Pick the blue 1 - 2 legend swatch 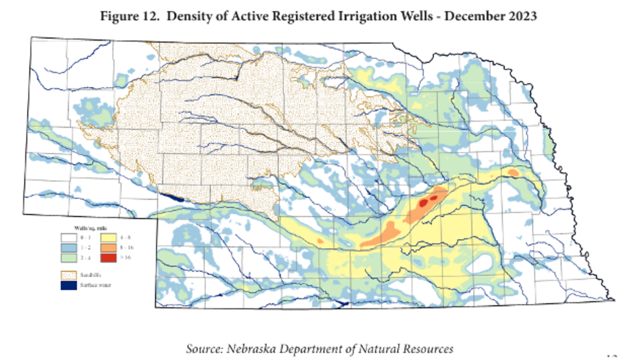tap(68, 247)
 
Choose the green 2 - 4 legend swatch tap(68, 257)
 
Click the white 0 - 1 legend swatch tap(68, 238)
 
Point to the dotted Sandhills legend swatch tap(68, 275)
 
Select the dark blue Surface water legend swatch tap(68, 285)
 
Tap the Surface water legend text tap(95, 285)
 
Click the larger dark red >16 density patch tap(424, 203)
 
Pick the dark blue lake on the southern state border tap(343, 304)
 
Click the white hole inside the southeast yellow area tap(480, 263)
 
